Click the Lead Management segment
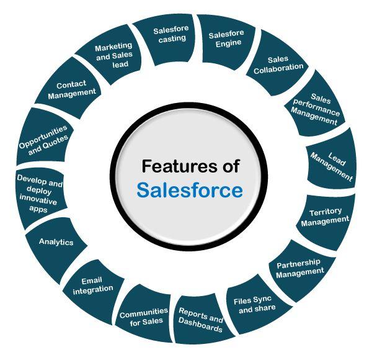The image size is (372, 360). tap(332, 163)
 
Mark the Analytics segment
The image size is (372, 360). tap(56, 242)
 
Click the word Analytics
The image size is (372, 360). tap(56, 242)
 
